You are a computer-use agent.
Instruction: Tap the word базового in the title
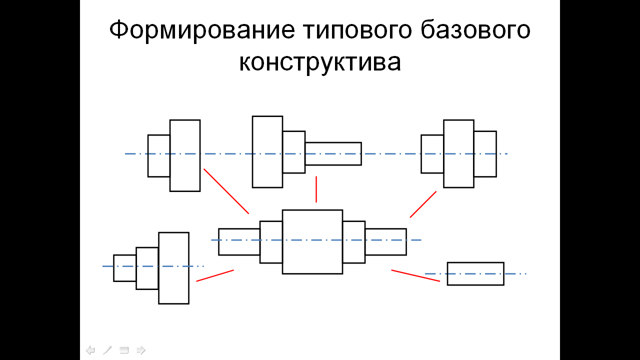(x=475, y=29)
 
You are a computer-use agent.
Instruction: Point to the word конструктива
(x=320, y=63)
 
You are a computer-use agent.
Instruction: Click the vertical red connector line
(x=316, y=189)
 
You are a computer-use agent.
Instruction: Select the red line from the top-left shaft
(x=226, y=191)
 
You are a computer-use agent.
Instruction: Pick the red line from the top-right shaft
(x=423, y=204)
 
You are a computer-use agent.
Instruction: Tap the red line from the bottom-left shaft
(x=215, y=275)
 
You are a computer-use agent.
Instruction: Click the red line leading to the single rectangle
(x=415, y=275)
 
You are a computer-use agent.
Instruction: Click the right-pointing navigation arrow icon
(x=141, y=350)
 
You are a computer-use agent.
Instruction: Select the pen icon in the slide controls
(x=107, y=350)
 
